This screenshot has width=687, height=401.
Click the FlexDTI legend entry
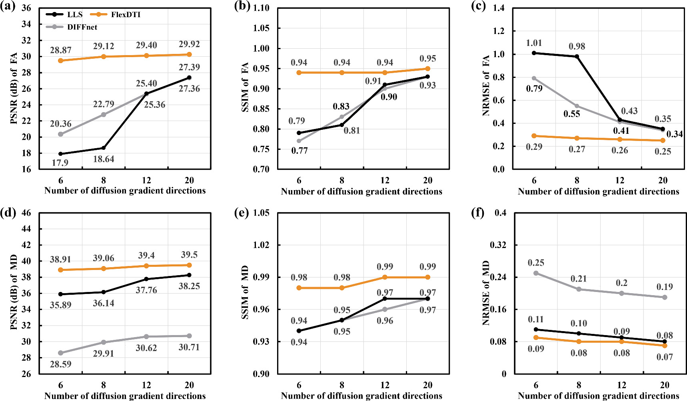(125, 15)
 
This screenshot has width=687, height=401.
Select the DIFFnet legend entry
(82, 27)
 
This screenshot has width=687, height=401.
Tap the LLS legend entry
(74, 15)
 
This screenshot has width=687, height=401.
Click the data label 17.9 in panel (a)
(60, 163)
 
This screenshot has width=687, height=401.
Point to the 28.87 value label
(60, 50)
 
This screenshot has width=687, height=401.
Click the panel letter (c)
(479, 7)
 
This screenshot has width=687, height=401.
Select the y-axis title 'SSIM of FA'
(245, 87)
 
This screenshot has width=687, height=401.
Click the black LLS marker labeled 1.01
(534, 53)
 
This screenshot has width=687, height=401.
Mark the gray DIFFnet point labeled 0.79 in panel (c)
(534, 78)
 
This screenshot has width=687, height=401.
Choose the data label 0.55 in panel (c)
(571, 114)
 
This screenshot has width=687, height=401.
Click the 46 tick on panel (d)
(26, 213)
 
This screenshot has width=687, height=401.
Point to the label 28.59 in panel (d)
(60, 364)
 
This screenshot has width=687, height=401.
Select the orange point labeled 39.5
(189, 265)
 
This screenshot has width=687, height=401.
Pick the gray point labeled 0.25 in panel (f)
(536, 273)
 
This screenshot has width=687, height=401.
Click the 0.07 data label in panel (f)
(664, 357)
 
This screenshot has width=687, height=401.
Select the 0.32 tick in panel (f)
(498, 245)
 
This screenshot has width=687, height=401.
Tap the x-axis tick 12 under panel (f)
(621, 385)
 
